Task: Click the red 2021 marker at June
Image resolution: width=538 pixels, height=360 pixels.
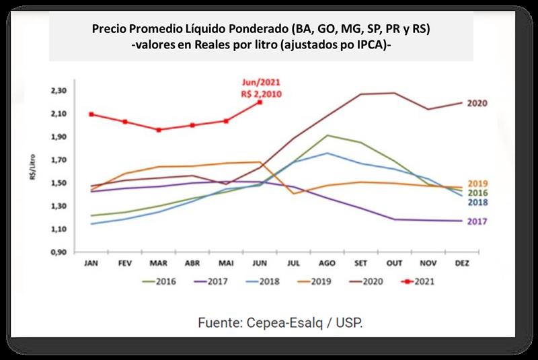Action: [x=260, y=102]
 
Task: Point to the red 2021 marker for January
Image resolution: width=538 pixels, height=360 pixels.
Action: [x=91, y=114]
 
